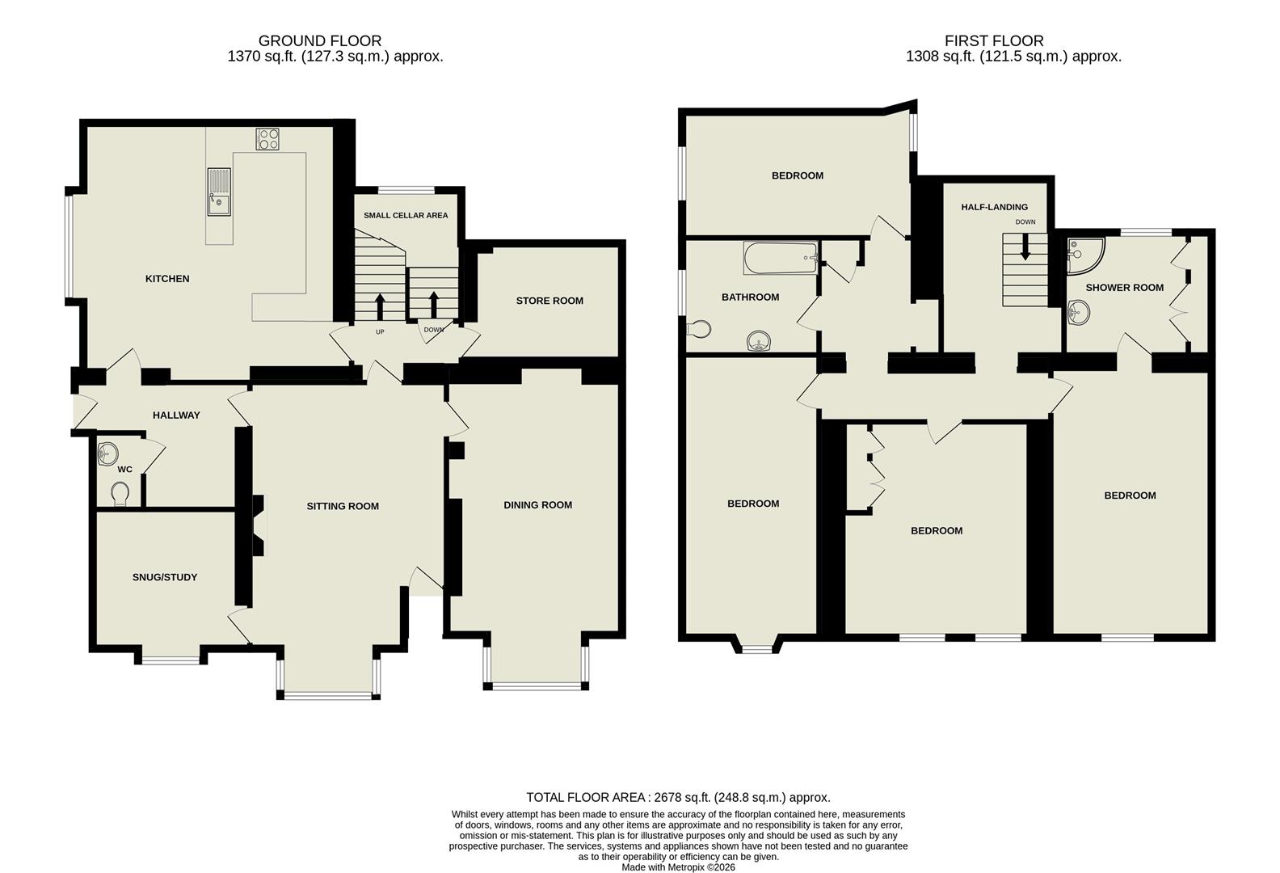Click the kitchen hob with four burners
267,139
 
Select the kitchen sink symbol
218,192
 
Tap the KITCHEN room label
167,279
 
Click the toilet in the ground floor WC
120,493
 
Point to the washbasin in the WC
107,455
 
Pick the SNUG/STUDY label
165,577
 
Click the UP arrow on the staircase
379,306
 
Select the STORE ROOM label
549,301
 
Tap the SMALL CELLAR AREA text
406,216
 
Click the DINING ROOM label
537,505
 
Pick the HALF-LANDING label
994,207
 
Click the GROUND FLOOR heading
320,40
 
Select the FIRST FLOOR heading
994,40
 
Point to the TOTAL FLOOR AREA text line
678,797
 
